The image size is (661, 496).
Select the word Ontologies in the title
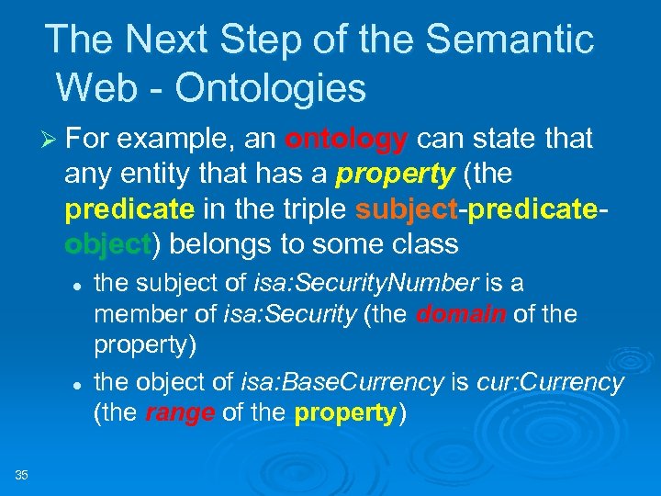pyautogui.click(x=271, y=88)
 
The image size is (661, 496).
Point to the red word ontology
pyautogui.click(x=347, y=140)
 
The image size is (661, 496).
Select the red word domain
pyautogui.click(x=461, y=314)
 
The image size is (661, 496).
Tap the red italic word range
pyautogui.click(x=180, y=413)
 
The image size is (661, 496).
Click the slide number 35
pyautogui.click(x=21, y=474)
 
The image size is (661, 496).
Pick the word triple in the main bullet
pyautogui.click(x=314, y=209)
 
